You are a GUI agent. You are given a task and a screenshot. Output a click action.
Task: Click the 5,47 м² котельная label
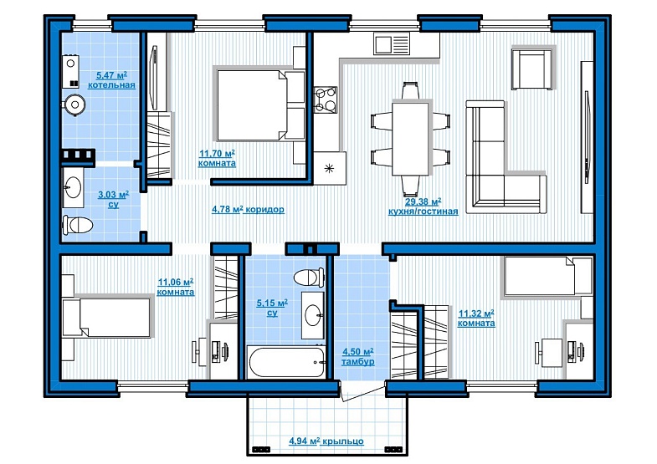click(x=111, y=80)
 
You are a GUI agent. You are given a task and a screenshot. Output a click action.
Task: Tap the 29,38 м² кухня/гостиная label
click(x=423, y=207)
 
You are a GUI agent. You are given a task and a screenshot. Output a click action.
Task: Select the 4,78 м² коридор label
click(x=248, y=209)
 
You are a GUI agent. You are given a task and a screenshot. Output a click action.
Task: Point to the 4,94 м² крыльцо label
click(x=326, y=441)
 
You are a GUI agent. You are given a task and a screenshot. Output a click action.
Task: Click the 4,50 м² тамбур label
click(x=358, y=356)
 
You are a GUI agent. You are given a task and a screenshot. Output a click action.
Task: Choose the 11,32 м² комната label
click(x=476, y=319)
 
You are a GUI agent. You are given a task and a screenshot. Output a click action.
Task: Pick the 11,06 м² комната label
click(x=176, y=287)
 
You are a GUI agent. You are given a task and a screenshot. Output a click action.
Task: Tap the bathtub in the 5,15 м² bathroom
click(x=286, y=362)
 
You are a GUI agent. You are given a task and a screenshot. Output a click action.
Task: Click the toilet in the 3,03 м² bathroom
click(x=78, y=225)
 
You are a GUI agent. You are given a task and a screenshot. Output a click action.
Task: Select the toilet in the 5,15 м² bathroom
click(x=309, y=278)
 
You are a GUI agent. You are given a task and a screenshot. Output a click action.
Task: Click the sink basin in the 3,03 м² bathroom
click(x=73, y=187)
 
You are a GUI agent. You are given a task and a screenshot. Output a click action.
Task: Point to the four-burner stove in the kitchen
click(x=325, y=99)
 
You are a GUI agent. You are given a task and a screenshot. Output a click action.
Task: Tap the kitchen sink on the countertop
click(x=392, y=44)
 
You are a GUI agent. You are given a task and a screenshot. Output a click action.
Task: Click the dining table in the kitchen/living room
click(x=410, y=138)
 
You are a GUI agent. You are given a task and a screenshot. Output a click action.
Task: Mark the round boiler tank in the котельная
click(x=75, y=105)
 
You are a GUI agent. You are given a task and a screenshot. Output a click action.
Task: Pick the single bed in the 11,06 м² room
click(x=106, y=317)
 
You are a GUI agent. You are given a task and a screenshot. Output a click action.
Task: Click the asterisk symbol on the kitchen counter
click(x=330, y=168)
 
